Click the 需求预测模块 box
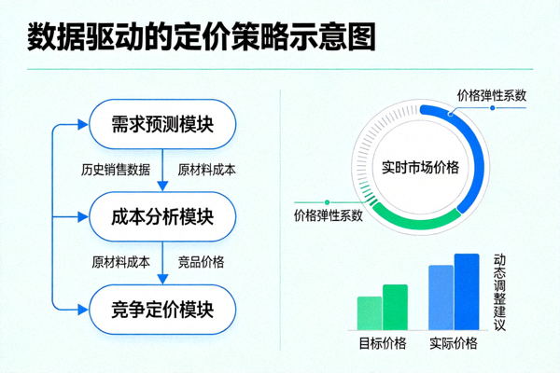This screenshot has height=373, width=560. pyautogui.click(x=162, y=124)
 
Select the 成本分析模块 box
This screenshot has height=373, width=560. pyautogui.click(x=162, y=217)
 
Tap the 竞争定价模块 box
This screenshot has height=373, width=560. pyautogui.click(x=162, y=307)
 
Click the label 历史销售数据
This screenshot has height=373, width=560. pyautogui.click(x=116, y=170)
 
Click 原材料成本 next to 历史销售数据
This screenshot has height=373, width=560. pyautogui.click(x=206, y=170)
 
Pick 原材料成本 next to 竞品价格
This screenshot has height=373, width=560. pyautogui.click(x=120, y=262)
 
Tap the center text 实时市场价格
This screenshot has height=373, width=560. pyautogui.click(x=421, y=169)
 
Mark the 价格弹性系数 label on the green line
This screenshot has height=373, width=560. pyautogui.click(x=328, y=216)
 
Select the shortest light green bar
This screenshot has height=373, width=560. pyautogui.click(x=370, y=312)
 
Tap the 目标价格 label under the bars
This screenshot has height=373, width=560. pyautogui.click(x=383, y=343)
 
